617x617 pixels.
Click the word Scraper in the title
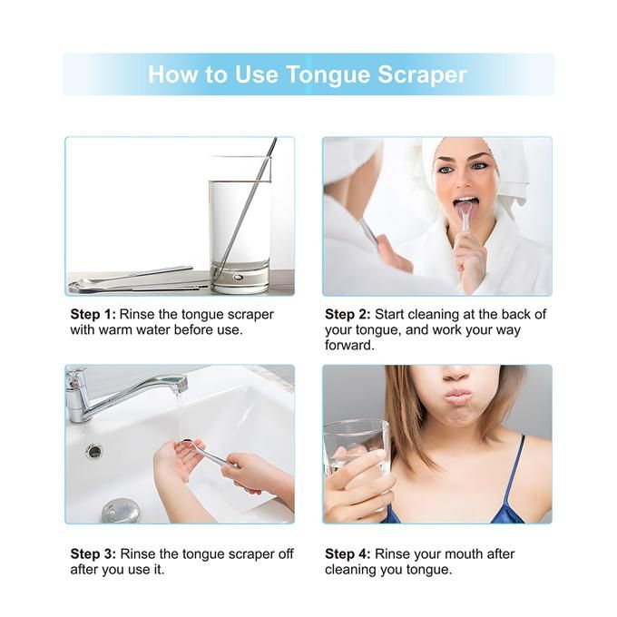422,74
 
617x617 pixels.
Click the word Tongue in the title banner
328,74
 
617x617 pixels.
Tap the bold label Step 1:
93,315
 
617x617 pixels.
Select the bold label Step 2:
348,315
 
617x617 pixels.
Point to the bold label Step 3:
93,554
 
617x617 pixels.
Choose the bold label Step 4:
348,554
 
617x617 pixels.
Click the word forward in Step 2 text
349,346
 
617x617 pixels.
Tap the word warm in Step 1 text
115,330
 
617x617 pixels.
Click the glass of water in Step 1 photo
240,235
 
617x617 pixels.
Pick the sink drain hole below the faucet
94,451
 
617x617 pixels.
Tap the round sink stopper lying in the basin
121,510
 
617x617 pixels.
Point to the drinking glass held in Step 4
356,460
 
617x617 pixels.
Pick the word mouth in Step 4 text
459,554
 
